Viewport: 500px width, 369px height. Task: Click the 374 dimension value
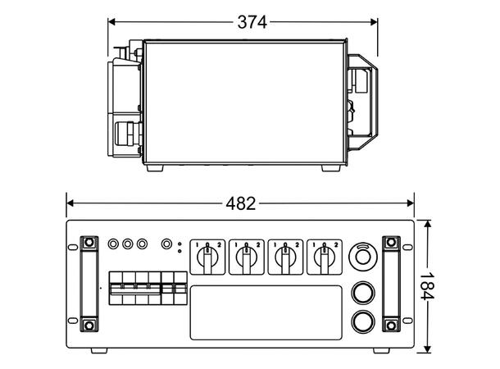tap(252, 22)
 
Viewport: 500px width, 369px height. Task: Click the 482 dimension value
tap(241, 203)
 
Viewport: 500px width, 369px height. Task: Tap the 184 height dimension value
tap(427, 286)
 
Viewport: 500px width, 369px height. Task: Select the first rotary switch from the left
tap(207, 257)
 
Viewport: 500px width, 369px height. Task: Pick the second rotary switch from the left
tap(247, 257)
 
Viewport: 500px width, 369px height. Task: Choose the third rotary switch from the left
tap(285, 257)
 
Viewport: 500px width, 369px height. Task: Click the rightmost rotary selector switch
tap(325, 257)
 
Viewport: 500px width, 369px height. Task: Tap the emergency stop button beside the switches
tap(363, 257)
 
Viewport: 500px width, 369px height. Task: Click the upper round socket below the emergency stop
tap(363, 293)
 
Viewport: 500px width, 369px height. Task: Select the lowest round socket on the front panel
tap(363, 321)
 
